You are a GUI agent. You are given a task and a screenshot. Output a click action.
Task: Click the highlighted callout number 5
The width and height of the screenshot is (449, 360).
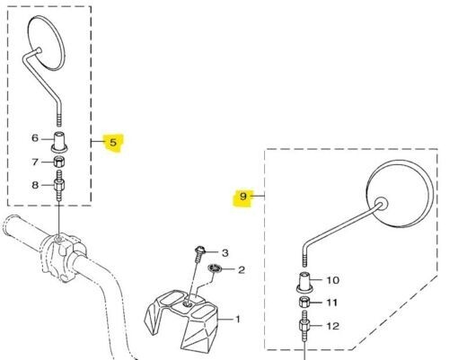coord(113,143)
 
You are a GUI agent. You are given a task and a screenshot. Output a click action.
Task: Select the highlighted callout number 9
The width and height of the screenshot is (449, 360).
coord(243,197)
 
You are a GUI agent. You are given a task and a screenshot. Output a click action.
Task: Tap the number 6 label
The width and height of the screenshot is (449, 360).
coord(35,138)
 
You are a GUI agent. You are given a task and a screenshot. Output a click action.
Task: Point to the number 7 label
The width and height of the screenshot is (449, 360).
coord(35,162)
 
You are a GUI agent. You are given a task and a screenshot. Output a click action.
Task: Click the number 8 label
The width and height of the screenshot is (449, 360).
coord(35,185)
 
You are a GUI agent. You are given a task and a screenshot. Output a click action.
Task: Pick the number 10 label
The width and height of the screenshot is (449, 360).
coord(333,280)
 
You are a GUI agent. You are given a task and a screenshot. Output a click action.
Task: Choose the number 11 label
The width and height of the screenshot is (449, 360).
coord(331,303)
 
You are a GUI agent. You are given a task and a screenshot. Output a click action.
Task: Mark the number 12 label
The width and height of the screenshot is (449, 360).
coord(332,326)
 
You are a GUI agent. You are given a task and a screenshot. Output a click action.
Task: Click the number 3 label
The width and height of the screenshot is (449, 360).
coord(225,253)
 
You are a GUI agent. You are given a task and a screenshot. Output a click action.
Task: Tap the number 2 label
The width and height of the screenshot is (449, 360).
coord(242,270)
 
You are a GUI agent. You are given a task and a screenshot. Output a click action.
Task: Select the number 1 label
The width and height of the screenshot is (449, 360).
coord(238,320)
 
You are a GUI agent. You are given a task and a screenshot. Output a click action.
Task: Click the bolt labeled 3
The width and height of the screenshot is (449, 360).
coord(198,254)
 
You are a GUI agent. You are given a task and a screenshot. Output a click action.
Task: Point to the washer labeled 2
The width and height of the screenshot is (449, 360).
coord(215,268)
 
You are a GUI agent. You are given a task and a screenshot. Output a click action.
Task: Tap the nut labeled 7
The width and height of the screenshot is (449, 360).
coord(59,162)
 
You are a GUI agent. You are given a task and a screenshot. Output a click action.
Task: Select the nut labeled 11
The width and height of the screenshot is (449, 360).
coord(304,302)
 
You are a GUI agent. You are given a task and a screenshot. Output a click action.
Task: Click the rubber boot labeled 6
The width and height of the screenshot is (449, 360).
coord(60,142)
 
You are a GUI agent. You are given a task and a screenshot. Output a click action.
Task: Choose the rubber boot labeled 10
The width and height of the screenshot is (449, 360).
coord(305,282)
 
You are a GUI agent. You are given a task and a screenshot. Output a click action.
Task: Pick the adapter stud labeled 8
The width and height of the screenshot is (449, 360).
coord(59,186)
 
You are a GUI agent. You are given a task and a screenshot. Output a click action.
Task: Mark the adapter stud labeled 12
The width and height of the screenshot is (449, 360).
coord(304,326)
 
